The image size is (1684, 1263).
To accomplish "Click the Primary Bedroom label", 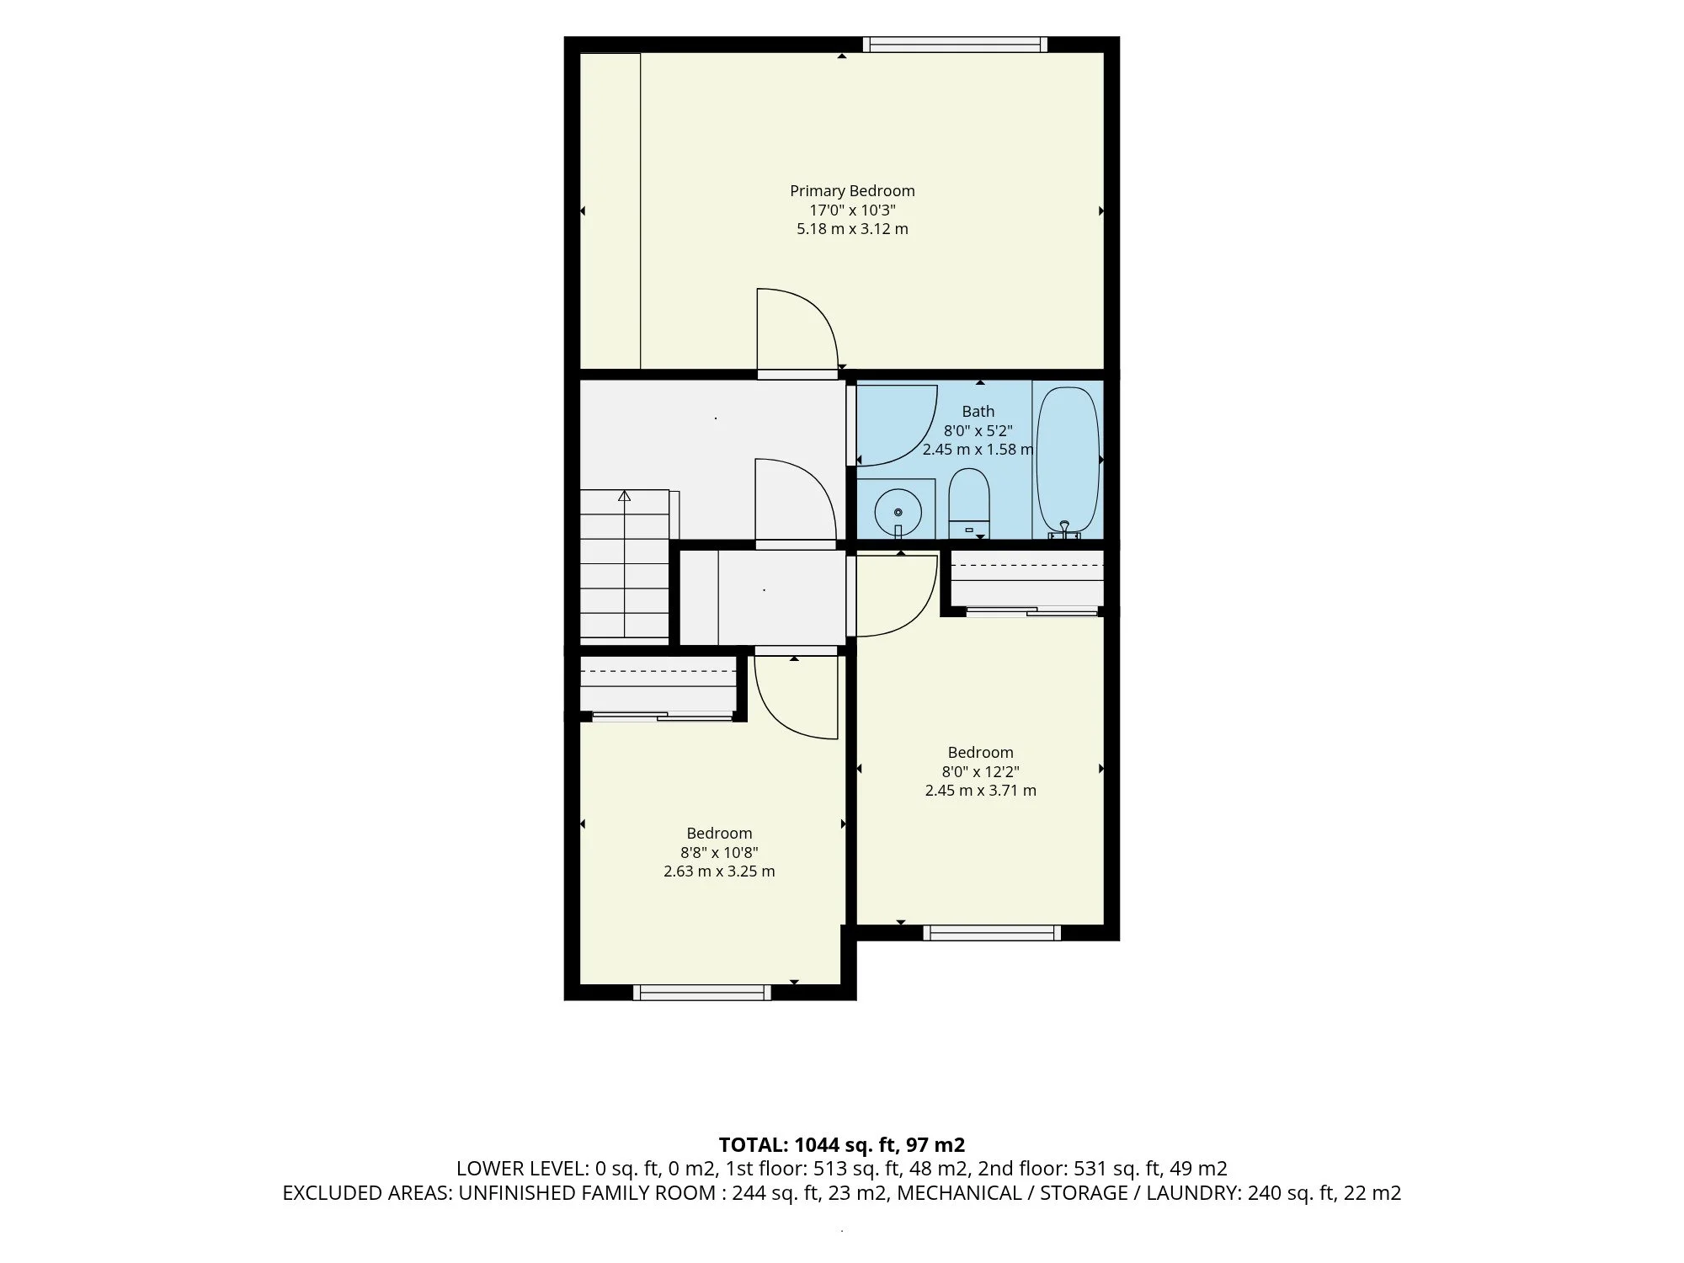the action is coord(852,191).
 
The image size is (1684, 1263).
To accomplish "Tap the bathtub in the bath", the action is coord(1067,459).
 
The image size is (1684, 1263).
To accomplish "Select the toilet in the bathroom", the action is coord(968,504).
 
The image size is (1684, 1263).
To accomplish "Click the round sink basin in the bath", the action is coord(898,512).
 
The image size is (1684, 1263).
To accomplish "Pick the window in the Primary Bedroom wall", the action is coord(955,45).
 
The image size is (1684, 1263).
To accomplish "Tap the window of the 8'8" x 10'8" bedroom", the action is coord(701,993).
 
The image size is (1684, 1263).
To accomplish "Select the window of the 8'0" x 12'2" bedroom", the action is coord(992,932).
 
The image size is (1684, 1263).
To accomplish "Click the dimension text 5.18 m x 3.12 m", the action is coord(852,229).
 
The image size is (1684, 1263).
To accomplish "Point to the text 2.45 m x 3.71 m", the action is coord(980,791).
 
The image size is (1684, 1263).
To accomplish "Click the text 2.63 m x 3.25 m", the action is coord(719,871).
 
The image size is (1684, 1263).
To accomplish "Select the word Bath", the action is coord(978,412).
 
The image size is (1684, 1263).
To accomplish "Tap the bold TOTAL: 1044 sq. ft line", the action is coord(842,1145).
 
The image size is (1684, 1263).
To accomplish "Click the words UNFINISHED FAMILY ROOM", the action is coord(587,1193).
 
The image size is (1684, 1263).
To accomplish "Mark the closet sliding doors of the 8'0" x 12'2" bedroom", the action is coord(1032,610).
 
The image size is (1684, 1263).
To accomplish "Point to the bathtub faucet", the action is coord(1065,530).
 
